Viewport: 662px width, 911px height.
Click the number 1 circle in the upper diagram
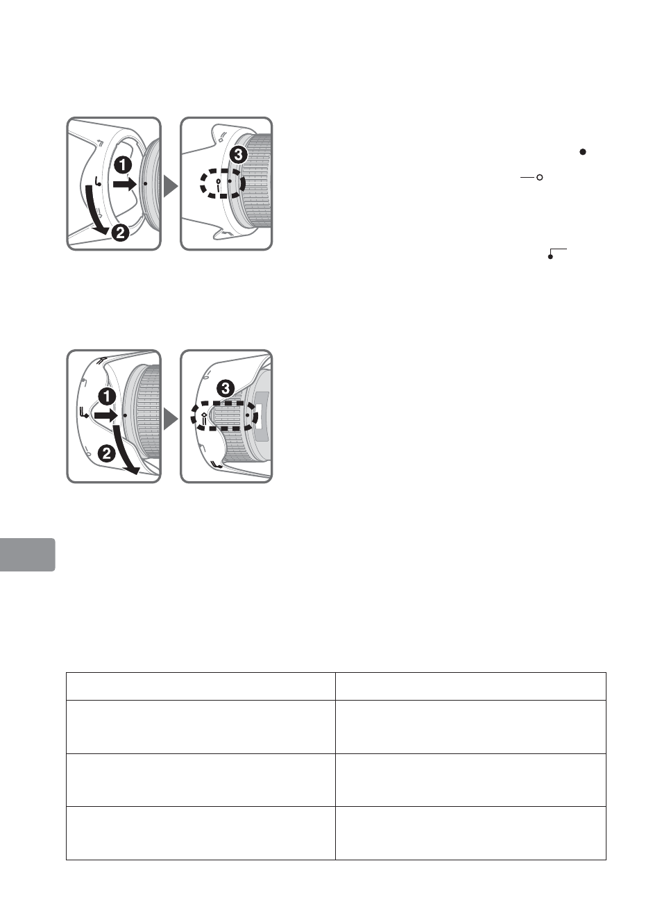point(123,166)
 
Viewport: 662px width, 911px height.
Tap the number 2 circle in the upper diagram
point(120,233)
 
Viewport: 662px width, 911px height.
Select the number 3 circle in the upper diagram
point(238,155)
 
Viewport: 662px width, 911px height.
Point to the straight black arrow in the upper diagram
point(124,184)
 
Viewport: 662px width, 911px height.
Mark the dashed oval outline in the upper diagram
point(222,183)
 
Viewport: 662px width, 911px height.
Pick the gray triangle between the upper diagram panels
point(171,186)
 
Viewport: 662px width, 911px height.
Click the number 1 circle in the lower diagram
point(108,396)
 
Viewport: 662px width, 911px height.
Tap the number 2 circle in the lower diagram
point(106,453)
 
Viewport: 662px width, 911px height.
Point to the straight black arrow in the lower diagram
point(105,415)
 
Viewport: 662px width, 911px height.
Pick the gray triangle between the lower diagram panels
point(171,419)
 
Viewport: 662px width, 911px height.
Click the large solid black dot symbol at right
point(583,151)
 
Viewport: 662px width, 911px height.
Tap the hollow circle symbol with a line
point(532,177)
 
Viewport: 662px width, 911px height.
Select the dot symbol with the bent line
point(557,253)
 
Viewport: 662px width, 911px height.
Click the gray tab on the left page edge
point(27,555)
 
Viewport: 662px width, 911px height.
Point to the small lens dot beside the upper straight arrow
point(146,184)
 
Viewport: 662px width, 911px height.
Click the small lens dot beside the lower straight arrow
point(125,415)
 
